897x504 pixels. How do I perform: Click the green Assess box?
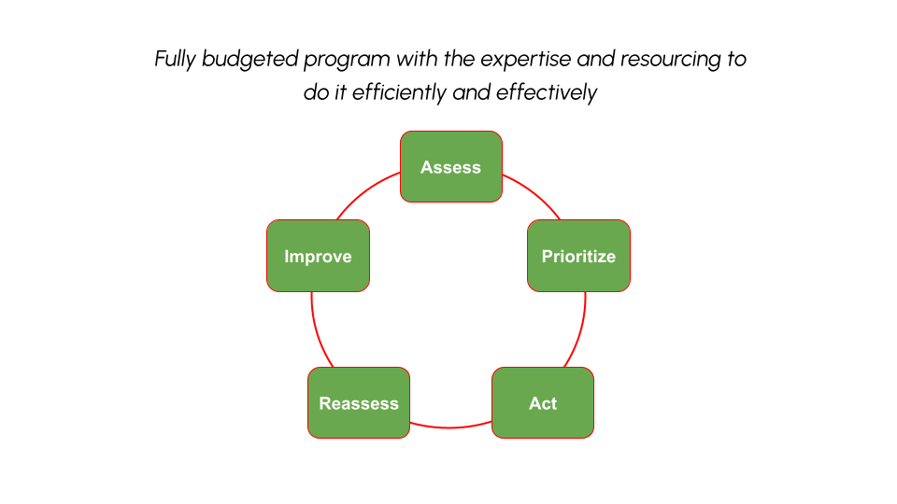451,167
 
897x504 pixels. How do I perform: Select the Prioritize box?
579,256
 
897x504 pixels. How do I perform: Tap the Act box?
543,403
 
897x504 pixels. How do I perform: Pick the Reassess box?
359,403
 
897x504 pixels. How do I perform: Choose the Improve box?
318,256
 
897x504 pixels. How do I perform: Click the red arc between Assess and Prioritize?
534,193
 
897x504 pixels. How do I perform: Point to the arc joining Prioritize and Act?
580,331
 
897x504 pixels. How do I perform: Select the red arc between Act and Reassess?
450,427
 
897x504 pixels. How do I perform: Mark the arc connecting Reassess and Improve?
317,331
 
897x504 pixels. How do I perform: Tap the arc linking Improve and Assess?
365,192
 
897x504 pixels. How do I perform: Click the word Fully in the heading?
175,60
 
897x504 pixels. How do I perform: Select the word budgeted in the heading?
250,60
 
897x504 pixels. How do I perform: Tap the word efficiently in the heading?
399,93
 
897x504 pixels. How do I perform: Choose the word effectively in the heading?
547,93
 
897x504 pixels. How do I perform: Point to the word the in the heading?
459,58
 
